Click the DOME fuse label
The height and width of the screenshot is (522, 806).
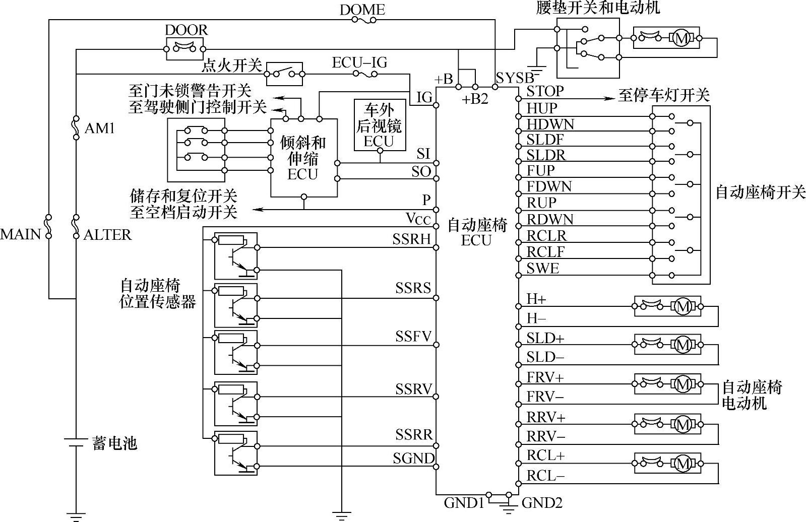point(362,9)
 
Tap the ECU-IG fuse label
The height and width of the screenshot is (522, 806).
point(359,62)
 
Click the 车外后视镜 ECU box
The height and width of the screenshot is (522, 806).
point(380,125)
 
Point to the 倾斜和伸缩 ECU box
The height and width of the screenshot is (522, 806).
point(303,158)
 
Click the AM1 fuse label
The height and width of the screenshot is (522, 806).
point(99,128)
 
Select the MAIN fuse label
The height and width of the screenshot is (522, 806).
point(20,234)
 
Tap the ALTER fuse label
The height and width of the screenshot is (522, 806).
point(107,235)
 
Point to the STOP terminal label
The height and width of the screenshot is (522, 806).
point(545,92)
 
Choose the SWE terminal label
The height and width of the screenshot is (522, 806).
point(542,268)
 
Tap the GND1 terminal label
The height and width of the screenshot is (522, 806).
point(464,503)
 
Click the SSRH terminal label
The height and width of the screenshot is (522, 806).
point(412,239)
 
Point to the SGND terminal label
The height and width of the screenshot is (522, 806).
point(413,459)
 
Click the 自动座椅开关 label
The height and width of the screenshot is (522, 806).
point(760,192)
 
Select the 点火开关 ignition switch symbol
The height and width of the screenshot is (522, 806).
point(284,74)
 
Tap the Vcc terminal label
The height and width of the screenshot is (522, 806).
point(418,219)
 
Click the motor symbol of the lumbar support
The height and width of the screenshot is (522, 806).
point(681,38)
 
